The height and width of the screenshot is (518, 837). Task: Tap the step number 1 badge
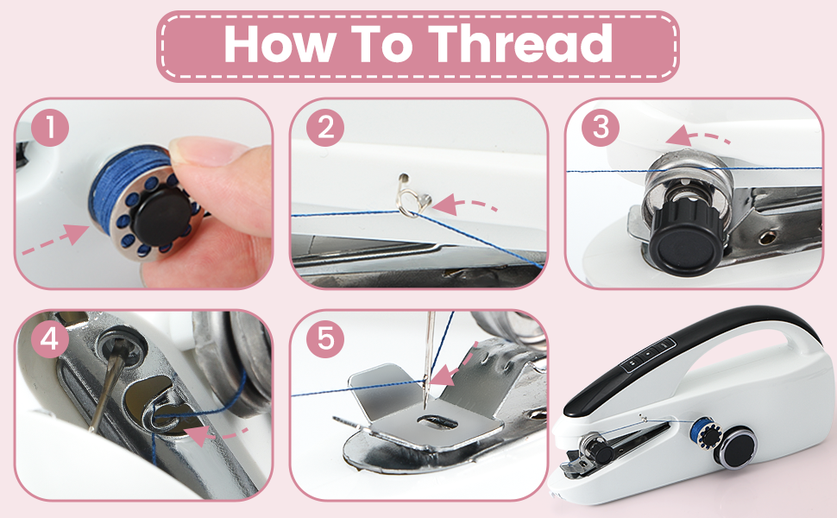coord(52,129)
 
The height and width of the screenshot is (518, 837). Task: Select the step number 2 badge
coord(325,129)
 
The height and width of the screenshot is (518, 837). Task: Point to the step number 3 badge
coord(600,129)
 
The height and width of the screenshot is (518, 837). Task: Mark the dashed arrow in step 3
coord(698,136)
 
